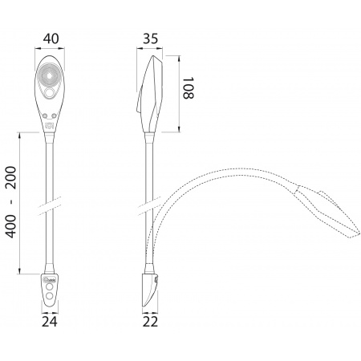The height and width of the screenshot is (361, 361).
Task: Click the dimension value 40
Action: point(51,39)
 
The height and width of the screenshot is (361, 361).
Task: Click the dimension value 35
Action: point(150,39)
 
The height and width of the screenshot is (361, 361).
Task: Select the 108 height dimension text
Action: point(188,88)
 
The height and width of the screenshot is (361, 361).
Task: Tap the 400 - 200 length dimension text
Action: point(11,202)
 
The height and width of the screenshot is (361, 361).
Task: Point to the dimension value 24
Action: point(50,322)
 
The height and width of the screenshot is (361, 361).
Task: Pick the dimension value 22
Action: point(150,322)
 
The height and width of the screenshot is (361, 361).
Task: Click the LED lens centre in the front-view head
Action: point(50,76)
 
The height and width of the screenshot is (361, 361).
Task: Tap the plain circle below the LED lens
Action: point(50,93)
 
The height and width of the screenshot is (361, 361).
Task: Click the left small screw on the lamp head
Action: point(45,116)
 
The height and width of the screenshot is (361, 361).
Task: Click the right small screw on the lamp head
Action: point(55,116)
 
